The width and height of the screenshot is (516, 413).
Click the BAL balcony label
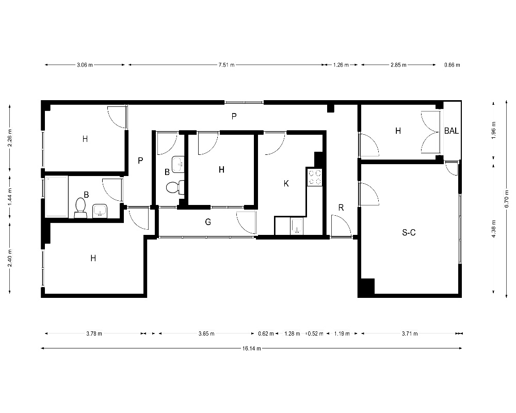click(x=451, y=131)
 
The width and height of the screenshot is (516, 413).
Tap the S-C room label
click(x=409, y=232)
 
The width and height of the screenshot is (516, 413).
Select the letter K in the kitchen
click(x=286, y=183)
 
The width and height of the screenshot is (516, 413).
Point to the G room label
click(x=208, y=222)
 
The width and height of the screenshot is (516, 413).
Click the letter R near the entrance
click(x=341, y=208)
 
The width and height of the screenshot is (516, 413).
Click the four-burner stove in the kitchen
click(x=315, y=177)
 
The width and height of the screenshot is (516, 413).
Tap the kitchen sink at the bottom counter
click(x=297, y=226)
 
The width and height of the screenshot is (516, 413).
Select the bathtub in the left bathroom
click(x=56, y=197)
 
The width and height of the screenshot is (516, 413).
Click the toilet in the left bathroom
click(x=80, y=208)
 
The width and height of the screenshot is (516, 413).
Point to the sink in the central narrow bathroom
click(x=178, y=164)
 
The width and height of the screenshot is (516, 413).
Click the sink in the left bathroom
click(x=100, y=211)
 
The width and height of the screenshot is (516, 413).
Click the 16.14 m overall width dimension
click(x=251, y=348)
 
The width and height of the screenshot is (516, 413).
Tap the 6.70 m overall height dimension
click(x=507, y=200)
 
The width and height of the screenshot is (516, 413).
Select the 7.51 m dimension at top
click(x=227, y=65)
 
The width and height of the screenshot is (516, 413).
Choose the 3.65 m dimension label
click(x=206, y=333)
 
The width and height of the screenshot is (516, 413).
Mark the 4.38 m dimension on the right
click(x=494, y=228)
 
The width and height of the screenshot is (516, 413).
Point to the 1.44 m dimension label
click(x=10, y=197)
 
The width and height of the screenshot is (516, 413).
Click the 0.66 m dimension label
click(x=452, y=65)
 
